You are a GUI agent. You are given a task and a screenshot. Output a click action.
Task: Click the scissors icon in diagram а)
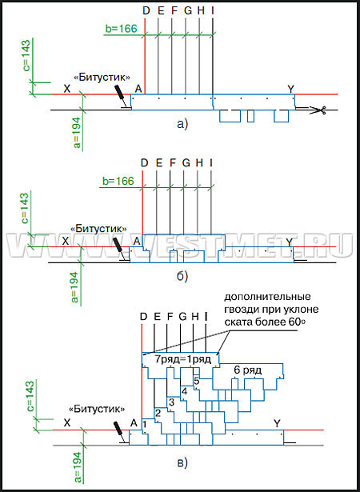point(319,110)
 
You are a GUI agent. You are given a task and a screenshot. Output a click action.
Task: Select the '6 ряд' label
point(248,370)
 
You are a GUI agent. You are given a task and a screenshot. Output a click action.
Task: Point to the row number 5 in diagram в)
point(196,380)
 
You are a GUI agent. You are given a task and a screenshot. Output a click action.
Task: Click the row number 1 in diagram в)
point(145,424)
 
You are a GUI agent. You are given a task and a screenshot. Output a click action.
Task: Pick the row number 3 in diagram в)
point(171,402)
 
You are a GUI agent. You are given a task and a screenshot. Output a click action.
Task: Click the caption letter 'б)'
point(182,277)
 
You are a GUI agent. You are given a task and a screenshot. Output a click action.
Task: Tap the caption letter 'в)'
point(182,462)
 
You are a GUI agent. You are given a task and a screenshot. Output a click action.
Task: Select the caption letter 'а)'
point(182,125)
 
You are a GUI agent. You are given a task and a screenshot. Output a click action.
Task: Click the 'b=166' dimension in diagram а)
point(121,28)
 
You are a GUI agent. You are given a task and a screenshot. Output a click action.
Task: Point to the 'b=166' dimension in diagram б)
point(118,181)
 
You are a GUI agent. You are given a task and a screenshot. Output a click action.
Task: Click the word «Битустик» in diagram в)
point(97,409)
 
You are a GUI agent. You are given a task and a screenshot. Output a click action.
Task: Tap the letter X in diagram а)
point(66,89)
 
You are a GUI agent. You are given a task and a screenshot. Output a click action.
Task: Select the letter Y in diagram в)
point(277,424)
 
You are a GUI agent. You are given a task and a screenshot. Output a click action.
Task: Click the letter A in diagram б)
point(137,242)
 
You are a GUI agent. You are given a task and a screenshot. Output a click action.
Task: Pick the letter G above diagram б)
point(186,163)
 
